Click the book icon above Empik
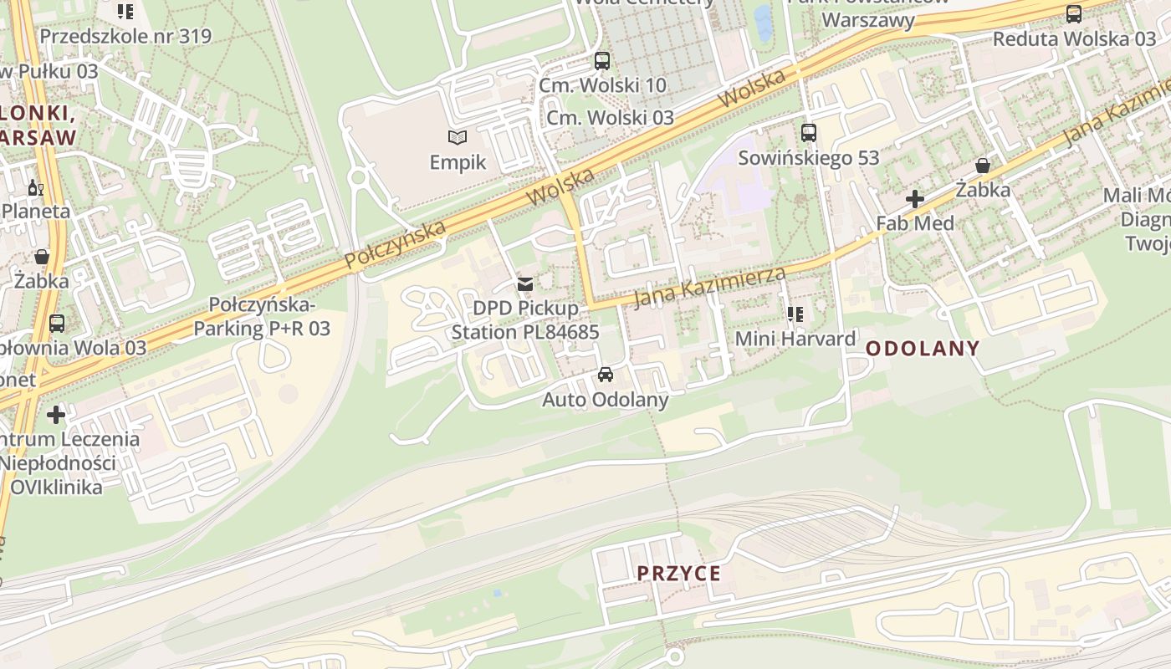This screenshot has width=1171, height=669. pos(457,137)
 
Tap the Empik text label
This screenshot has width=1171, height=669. pos(458,161)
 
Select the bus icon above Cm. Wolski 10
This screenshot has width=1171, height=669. pos(601,60)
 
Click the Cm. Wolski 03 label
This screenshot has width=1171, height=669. pos(610,117)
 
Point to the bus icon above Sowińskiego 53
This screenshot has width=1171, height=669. pos(808,132)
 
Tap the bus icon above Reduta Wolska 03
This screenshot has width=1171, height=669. pos(1074,13)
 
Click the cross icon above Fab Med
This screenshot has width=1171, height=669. pos(915,199)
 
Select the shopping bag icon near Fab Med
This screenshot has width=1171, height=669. pos(983,166)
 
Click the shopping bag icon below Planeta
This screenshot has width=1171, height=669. pos(42,256)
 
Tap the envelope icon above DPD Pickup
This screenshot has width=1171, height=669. pos(525,284)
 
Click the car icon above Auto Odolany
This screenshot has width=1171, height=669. pos(606,375)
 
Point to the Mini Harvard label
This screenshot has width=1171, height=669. pos(795,339)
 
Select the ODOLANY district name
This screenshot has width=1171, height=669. pos(922,349)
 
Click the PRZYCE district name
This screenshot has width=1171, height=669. pos(678,574)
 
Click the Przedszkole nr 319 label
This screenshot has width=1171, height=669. pos(125,36)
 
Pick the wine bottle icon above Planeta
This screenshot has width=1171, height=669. pos(35,187)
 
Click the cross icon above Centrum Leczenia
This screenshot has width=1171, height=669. pos(56,414)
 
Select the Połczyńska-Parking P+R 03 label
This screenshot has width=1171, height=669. pos(262,316)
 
